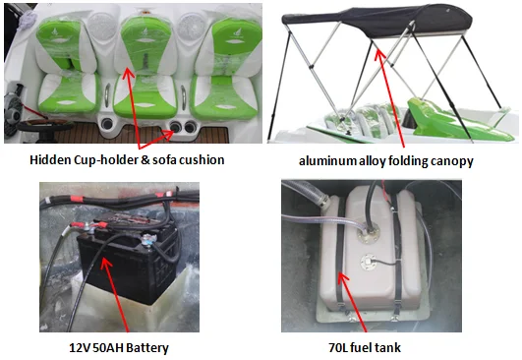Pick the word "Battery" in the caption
coord(147,348)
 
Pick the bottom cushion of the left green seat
coord(69,93)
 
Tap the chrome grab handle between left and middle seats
coord(107,94)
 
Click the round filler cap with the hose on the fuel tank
coord(367,232)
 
